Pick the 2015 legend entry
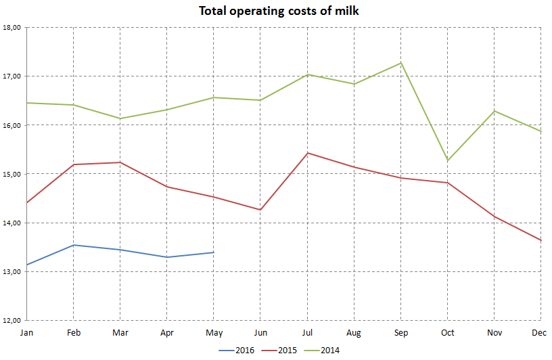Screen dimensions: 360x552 click(x=287, y=350)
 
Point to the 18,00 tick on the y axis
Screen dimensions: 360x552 click(x=13, y=28)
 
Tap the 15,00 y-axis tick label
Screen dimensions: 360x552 click(x=13, y=174)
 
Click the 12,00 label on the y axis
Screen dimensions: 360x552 click(x=13, y=320)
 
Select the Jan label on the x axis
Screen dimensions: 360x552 click(x=26, y=332)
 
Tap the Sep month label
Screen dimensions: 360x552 click(x=400, y=332)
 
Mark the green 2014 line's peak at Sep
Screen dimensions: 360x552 click(x=400, y=63)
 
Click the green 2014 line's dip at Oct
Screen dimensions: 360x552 click(x=447, y=160)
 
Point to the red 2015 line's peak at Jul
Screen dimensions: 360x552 click(x=307, y=153)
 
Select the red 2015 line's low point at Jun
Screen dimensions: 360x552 click(x=260, y=210)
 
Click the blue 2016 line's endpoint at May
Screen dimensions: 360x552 click(x=214, y=252)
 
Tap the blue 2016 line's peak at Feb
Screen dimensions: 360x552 click(x=73, y=245)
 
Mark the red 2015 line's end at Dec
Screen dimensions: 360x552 click(x=540, y=240)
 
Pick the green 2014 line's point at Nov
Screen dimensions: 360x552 click(x=494, y=111)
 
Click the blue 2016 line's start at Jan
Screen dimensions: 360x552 click(x=26, y=265)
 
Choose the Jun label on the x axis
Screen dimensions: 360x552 click(x=260, y=332)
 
